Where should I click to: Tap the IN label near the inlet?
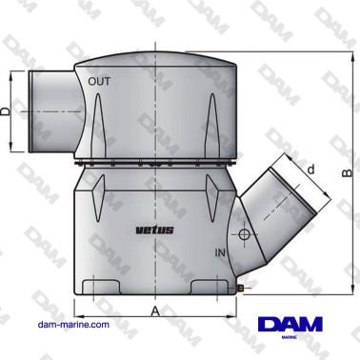pos(221,253)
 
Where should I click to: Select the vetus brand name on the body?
pos(154,230)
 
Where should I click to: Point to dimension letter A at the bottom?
pos(153,310)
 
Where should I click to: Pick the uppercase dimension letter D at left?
pos(7,111)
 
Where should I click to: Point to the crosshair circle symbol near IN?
pos(244,234)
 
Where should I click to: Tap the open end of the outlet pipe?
pos(31,111)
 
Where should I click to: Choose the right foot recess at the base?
pos(208,286)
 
